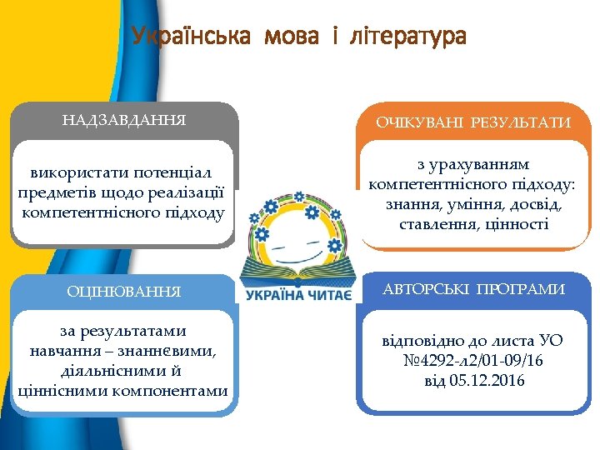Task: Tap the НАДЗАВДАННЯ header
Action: pyautogui.click(x=124, y=120)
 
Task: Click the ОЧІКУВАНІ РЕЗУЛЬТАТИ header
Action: pyautogui.click(x=473, y=122)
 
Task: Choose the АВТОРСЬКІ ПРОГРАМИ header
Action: pyautogui.click(x=473, y=289)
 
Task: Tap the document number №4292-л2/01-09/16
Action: pyautogui.click(x=473, y=362)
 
